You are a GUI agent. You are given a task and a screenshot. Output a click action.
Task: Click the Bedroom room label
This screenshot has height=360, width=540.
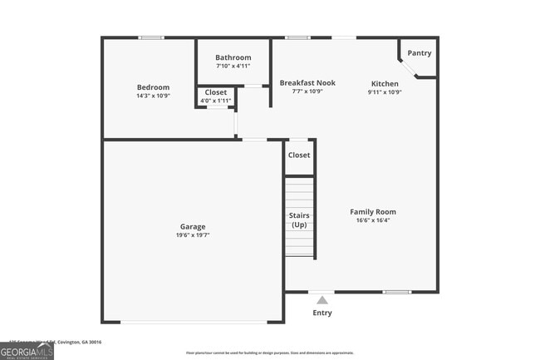pyautogui.click(x=153, y=87)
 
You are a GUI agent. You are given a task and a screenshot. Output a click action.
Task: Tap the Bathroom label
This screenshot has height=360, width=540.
pyautogui.click(x=233, y=57)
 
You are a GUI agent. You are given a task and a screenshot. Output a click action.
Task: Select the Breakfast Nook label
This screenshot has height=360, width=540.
pyautogui.click(x=307, y=83)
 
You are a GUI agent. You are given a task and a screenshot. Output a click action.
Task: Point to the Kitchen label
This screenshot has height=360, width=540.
pyautogui.click(x=385, y=83)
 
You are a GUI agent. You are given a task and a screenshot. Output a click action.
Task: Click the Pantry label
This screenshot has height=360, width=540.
pyautogui.click(x=420, y=53)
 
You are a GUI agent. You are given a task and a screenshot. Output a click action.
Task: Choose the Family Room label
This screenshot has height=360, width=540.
pyautogui.click(x=373, y=212)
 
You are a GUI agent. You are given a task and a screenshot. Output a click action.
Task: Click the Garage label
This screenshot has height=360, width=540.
pyautogui.click(x=193, y=226)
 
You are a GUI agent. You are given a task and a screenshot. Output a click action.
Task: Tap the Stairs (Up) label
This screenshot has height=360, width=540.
pyautogui.click(x=299, y=220)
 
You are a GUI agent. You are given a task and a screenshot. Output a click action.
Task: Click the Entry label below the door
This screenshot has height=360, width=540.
pyautogui.click(x=322, y=313)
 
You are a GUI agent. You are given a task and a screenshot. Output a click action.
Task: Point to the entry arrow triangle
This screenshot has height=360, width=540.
pyautogui.click(x=322, y=298)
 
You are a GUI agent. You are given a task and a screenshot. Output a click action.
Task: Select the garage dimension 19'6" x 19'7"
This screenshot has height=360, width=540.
pyautogui.click(x=193, y=235)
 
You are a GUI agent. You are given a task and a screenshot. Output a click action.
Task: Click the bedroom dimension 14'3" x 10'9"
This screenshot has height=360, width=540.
pyautogui.click(x=153, y=96)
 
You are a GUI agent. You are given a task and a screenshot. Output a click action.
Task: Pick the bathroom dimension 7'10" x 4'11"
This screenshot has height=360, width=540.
pyautogui.click(x=233, y=66)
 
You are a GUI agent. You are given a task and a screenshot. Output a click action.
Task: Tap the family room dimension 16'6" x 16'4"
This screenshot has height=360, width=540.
pyautogui.click(x=373, y=221)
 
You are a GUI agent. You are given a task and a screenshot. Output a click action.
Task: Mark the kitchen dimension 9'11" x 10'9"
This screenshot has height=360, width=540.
pyautogui.click(x=385, y=91)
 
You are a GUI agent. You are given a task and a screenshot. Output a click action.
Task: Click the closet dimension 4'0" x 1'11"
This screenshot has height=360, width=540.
pyautogui.click(x=216, y=101)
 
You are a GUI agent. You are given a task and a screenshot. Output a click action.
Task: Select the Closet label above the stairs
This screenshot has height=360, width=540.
pyautogui.click(x=299, y=155)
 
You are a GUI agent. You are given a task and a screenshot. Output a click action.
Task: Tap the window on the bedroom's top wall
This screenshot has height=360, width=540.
pyautogui.click(x=150, y=37)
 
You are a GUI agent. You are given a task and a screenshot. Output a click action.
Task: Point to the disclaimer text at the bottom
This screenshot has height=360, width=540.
pyautogui.click(x=270, y=353)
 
